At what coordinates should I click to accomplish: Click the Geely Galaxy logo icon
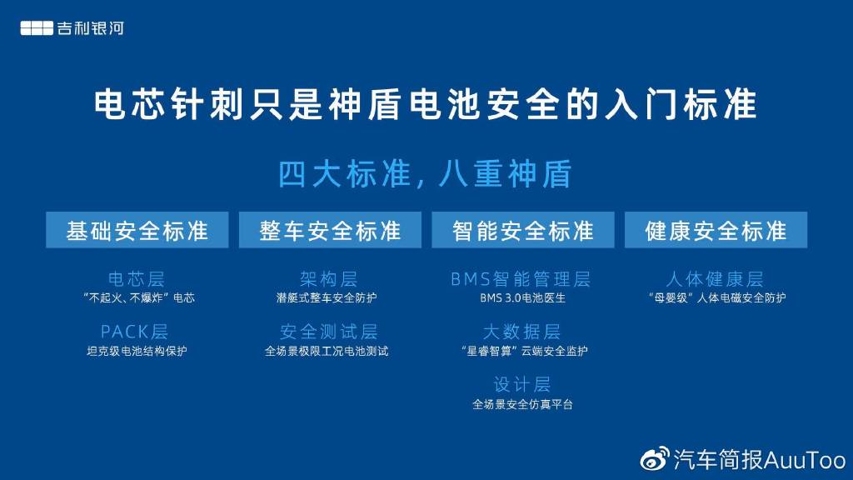pos(37,28)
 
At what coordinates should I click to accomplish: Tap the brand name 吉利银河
pos(91,28)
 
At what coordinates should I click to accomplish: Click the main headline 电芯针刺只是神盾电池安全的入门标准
pos(426,104)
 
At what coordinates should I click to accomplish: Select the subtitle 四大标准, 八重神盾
pos(425,173)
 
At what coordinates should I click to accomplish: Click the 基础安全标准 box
pos(137,230)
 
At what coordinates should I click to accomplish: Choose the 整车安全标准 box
pos(330,230)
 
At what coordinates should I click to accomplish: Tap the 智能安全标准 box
pos(523,230)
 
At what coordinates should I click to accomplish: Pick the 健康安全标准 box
pos(716,230)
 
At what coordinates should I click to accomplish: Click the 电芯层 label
pos(136,279)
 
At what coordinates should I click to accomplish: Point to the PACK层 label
pos(134,332)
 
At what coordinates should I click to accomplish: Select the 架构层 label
pos(328,279)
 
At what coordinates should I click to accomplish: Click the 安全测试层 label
pos(328,332)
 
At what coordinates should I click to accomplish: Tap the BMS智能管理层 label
pos(521,279)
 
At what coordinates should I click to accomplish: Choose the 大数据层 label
pos(521,332)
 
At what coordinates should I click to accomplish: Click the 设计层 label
pos(521,384)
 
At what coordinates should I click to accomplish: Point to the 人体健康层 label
pos(715,279)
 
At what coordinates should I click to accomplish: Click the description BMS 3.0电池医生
pos(522,298)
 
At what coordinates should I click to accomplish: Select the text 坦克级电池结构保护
pos(137,351)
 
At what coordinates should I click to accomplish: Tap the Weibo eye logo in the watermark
pos(655,459)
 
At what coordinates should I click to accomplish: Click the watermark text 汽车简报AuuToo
pos(760,460)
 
